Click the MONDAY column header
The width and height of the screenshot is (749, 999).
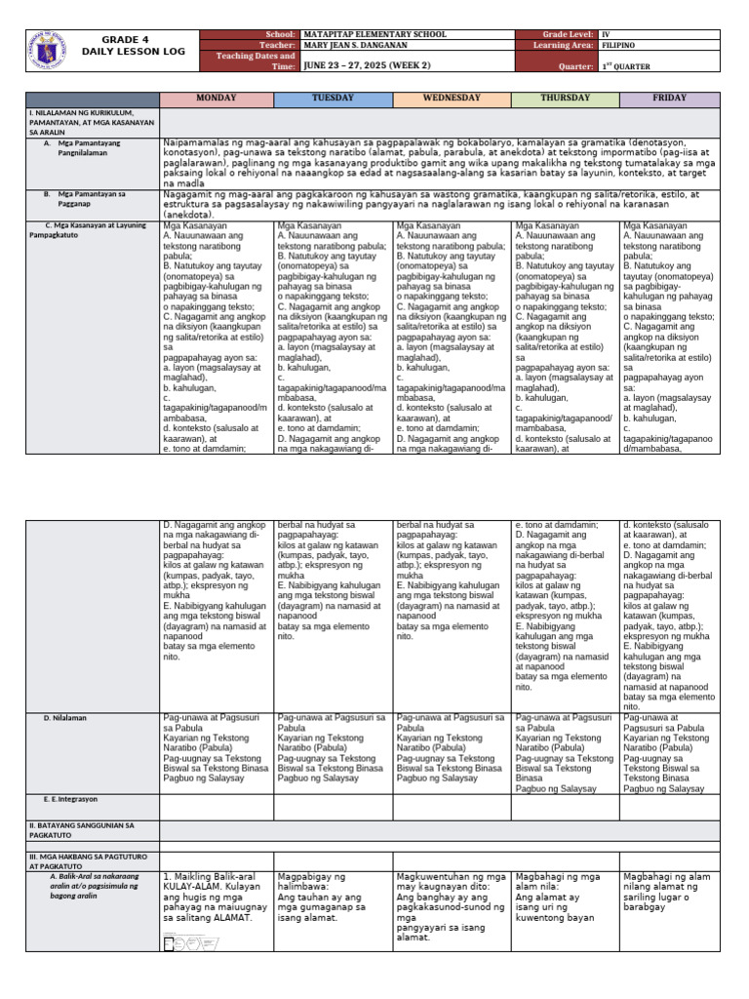tap(217, 100)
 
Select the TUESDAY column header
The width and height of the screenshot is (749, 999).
tap(334, 100)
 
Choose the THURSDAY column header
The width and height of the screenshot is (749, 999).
tap(566, 100)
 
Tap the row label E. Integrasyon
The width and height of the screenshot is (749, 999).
tap(65, 799)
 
